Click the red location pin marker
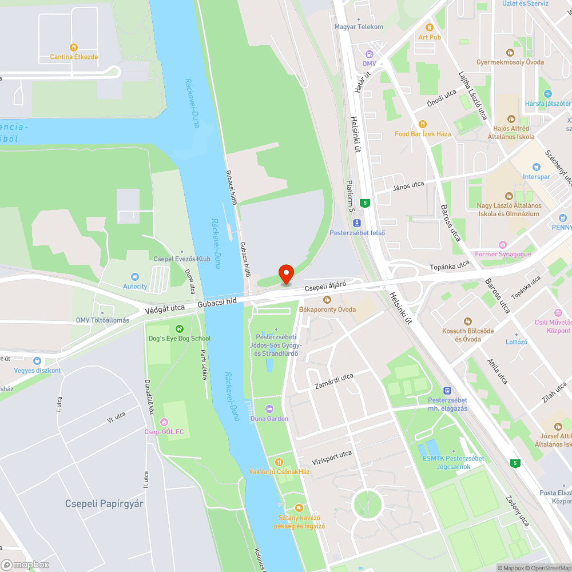[x=285, y=274]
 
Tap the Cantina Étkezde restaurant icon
[x=73, y=47]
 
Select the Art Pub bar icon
[x=429, y=27]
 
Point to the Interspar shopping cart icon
[x=536, y=167]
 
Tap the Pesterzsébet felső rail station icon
[x=357, y=223]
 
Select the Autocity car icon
[x=135, y=277]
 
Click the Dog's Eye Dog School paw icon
[x=180, y=328]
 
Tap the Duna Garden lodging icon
[x=269, y=409]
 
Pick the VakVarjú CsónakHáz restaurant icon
[x=279, y=462]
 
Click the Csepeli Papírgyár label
[x=104, y=504]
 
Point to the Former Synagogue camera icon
[x=502, y=245]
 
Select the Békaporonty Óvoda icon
[x=327, y=300]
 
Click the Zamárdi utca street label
[x=334, y=382]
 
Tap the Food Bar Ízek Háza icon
[x=422, y=124]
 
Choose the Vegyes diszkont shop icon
[x=37, y=361]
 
